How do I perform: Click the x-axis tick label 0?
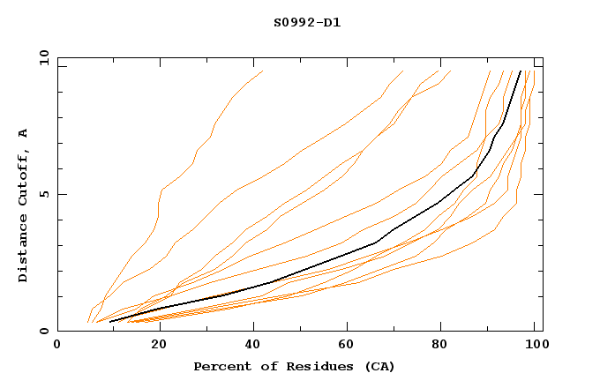point(57,347)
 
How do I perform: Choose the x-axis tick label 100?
point(534,347)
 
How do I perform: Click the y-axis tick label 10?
point(42,57)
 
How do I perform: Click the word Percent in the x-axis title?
point(218,366)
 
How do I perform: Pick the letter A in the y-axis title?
point(23,133)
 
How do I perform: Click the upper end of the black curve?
point(521,71)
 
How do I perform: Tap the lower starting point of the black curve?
point(109,322)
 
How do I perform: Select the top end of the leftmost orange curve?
point(263,71)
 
